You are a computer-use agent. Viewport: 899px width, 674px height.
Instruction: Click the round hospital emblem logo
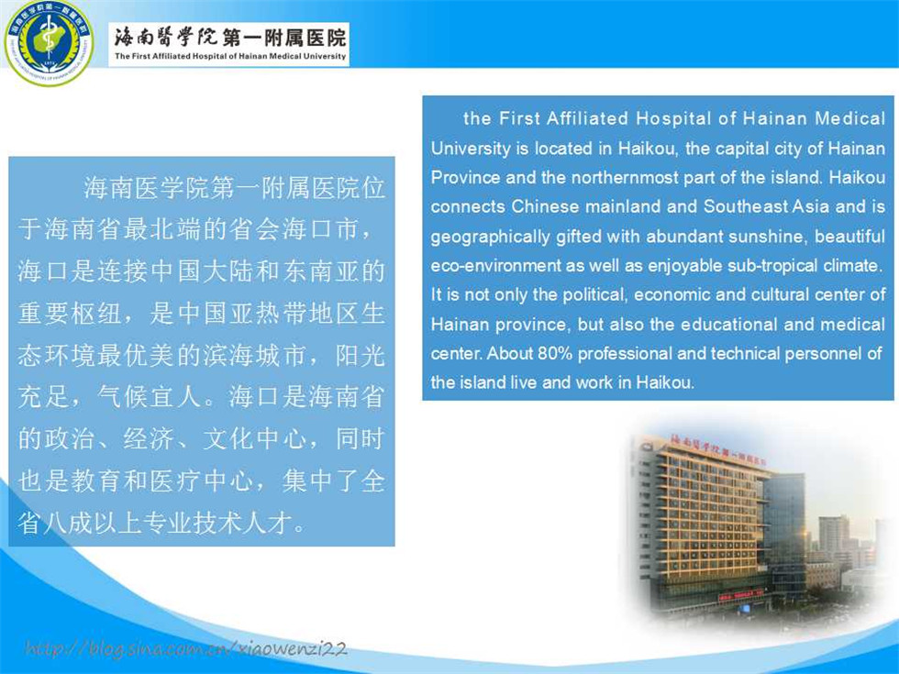(x=49, y=42)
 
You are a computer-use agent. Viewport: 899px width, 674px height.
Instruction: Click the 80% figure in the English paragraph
(x=555, y=353)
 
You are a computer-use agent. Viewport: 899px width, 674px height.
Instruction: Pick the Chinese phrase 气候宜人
(x=149, y=397)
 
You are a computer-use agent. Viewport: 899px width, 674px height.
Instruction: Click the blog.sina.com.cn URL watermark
(x=185, y=649)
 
